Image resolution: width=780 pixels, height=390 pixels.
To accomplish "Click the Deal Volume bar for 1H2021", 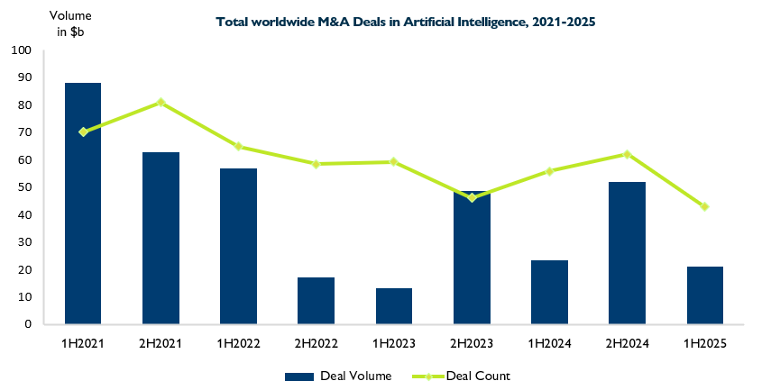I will pyautogui.click(x=83, y=204).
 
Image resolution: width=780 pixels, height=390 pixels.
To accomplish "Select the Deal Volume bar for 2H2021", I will pyautogui.click(x=161, y=238).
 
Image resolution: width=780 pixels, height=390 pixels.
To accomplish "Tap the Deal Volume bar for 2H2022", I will pyautogui.click(x=317, y=301).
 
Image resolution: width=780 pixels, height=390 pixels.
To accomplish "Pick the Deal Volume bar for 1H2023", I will pyautogui.click(x=394, y=306).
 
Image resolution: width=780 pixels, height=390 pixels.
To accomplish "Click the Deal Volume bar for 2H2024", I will pyautogui.click(x=627, y=253).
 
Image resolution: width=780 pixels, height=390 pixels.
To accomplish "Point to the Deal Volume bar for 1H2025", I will pyautogui.click(x=704, y=295).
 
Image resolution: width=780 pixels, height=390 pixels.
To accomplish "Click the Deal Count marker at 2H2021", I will pyautogui.click(x=161, y=103).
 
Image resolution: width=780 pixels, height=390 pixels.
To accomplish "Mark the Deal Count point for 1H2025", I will pyautogui.click(x=704, y=206).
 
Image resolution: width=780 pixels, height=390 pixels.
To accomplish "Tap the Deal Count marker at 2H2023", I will pyautogui.click(x=472, y=197).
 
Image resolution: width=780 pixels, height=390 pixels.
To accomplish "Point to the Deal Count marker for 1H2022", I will pyautogui.click(x=238, y=146).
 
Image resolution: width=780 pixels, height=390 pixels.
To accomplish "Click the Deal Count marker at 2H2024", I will pyautogui.click(x=627, y=154).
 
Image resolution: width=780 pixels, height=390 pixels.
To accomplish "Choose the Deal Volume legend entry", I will pyautogui.click(x=338, y=376).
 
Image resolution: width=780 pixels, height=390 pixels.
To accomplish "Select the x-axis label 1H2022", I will pyautogui.click(x=238, y=343).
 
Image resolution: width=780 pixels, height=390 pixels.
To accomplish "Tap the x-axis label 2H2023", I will pyautogui.click(x=472, y=343).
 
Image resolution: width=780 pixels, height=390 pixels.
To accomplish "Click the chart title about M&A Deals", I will pyautogui.click(x=406, y=21).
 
